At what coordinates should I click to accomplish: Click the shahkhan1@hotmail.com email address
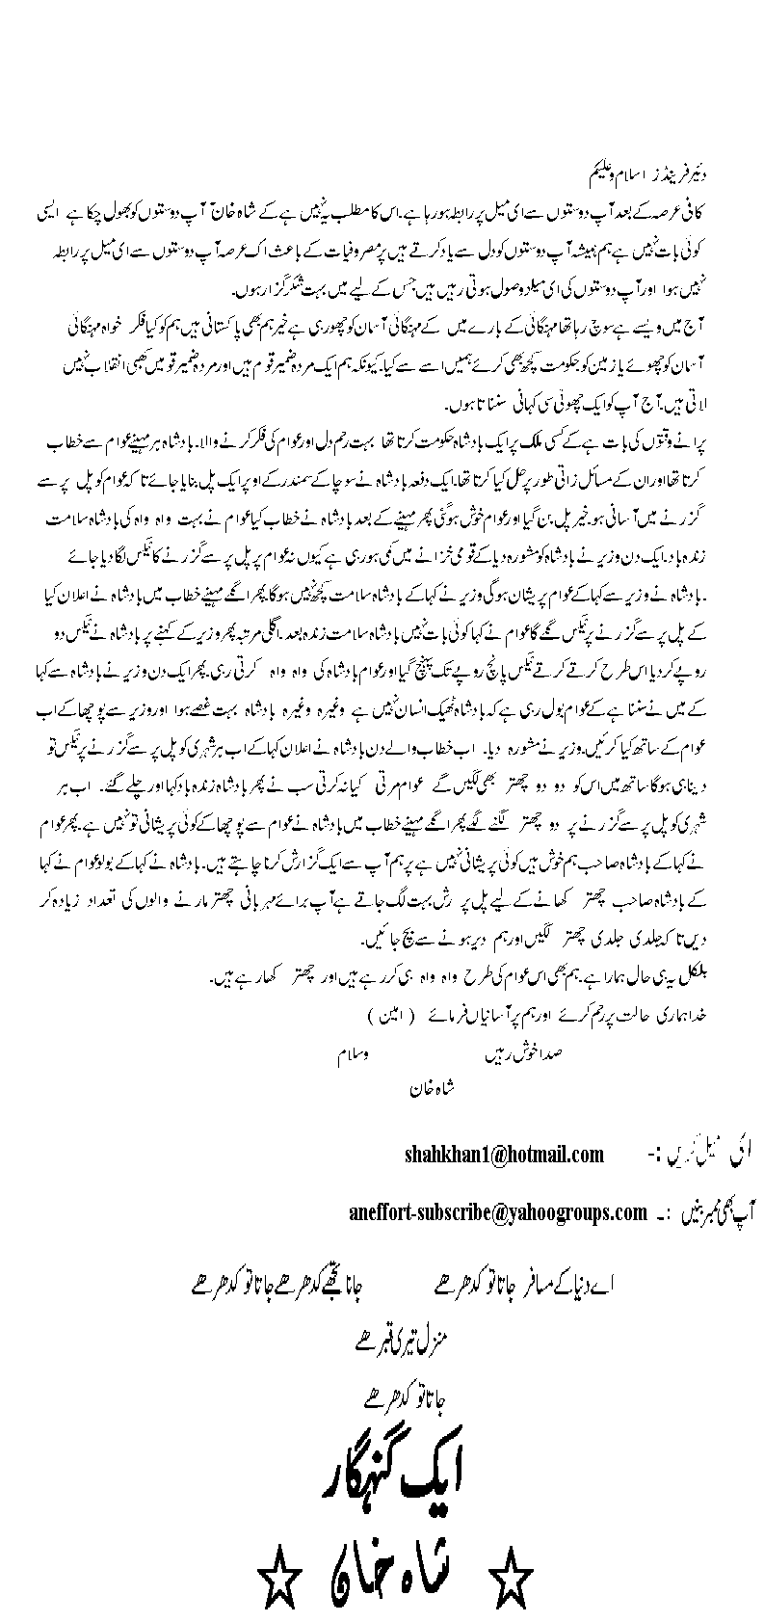coord(504,1155)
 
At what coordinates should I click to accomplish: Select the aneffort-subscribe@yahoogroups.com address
coord(497,1211)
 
